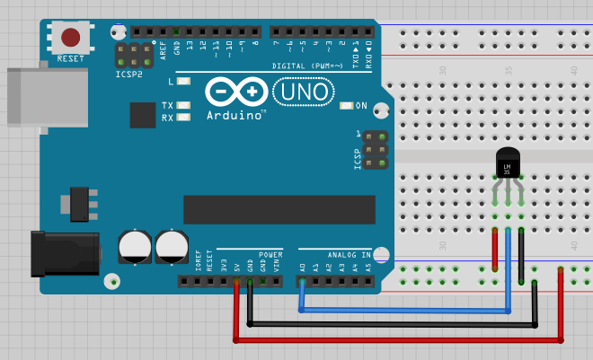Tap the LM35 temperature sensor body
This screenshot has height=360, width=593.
point(508,164)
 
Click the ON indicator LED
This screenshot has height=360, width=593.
point(348,106)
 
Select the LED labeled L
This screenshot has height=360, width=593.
point(184,82)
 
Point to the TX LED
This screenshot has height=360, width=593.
point(184,105)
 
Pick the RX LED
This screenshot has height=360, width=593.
point(184,118)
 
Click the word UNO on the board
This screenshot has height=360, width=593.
point(303,92)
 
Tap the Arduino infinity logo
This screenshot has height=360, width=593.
point(236,92)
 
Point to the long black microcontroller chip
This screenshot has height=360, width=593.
point(279,209)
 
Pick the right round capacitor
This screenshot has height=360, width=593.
point(172,247)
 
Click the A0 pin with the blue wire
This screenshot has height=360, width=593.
point(302,281)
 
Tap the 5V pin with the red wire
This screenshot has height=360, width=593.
point(237,281)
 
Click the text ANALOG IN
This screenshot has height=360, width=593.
point(347,254)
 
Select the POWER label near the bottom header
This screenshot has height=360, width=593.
point(270,254)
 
